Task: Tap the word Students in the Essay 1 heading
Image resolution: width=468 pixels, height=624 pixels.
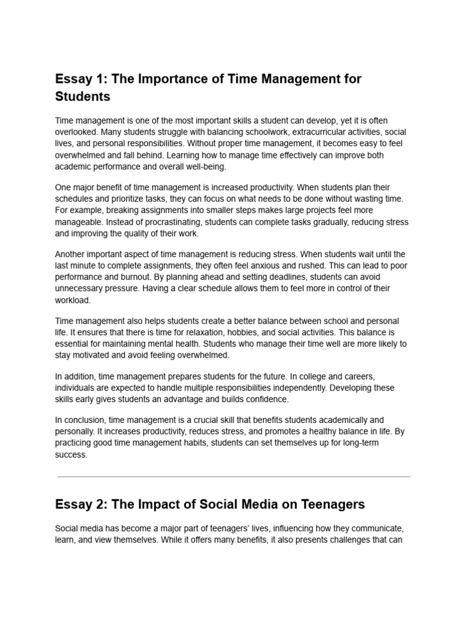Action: [83, 97]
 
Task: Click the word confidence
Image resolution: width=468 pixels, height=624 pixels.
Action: [262, 399]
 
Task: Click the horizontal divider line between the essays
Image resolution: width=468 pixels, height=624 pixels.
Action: [234, 477]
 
